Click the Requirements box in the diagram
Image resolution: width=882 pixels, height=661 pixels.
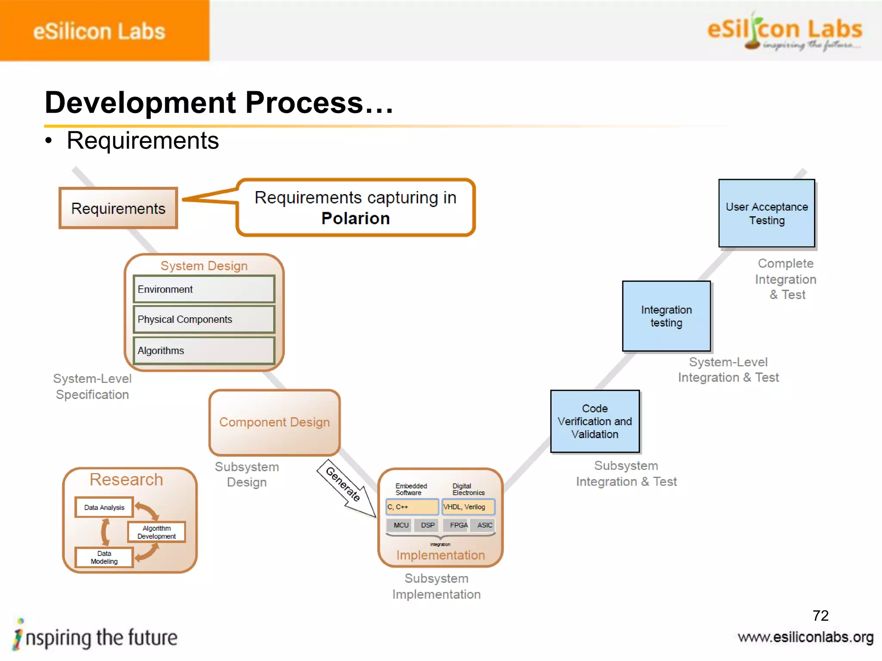point(118,208)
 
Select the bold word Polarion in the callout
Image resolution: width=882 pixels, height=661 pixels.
point(355,219)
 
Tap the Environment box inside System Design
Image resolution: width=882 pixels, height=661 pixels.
point(204,289)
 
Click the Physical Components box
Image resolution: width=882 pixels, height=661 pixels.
point(204,319)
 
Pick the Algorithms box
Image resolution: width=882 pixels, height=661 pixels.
point(204,351)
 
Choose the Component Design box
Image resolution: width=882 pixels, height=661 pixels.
point(274,422)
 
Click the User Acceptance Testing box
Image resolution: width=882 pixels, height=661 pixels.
point(767,213)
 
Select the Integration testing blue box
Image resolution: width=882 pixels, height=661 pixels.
point(666,316)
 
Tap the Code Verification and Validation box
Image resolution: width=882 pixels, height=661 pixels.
point(595,421)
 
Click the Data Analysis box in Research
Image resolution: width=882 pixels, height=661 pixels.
point(104,507)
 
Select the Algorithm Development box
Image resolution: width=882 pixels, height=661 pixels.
point(156,532)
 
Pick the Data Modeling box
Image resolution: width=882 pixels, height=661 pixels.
point(104,557)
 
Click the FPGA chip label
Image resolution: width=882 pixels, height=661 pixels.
point(458,525)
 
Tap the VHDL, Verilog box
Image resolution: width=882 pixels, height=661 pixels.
point(468,507)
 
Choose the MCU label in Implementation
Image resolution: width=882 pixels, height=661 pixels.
point(401,525)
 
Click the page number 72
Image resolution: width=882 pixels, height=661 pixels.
point(820,615)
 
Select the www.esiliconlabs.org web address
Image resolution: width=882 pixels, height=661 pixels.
point(805,637)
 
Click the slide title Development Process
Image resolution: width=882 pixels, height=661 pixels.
point(219,103)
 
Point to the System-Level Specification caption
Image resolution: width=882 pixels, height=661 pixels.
point(92,386)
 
